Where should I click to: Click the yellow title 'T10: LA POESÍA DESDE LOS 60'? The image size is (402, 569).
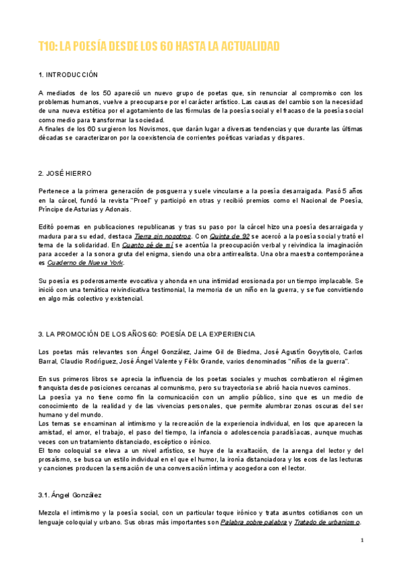click(x=158, y=46)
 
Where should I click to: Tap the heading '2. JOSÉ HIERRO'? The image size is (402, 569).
click(x=65, y=173)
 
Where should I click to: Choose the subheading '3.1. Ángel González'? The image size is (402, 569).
click(x=70, y=495)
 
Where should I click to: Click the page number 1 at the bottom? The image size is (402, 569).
click(x=362, y=540)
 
